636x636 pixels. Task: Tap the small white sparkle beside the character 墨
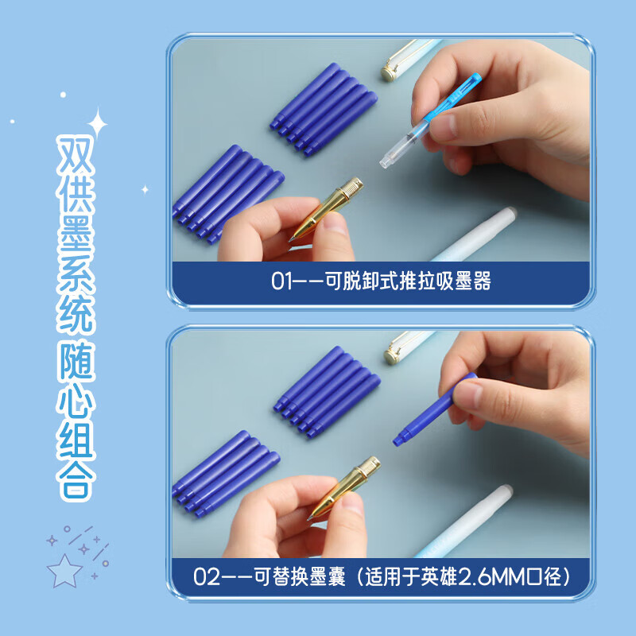click(x=145, y=189)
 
